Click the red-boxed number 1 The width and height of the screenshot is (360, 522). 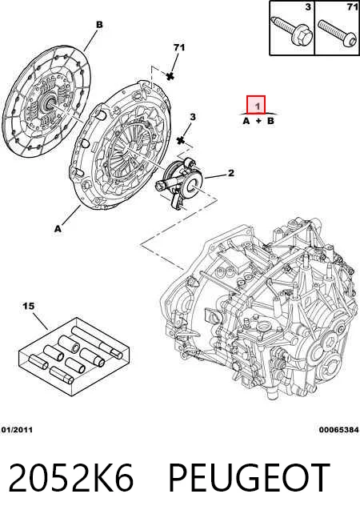(x=258, y=106)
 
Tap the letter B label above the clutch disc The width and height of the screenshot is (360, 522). (x=99, y=25)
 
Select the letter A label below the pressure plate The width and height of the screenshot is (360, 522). (x=58, y=229)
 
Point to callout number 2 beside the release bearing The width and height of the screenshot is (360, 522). (x=230, y=172)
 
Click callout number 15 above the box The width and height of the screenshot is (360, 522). (x=29, y=306)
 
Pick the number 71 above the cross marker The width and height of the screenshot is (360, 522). (x=179, y=47)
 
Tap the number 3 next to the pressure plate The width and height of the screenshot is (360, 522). (x=193, y=117)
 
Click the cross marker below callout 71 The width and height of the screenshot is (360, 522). (x=170, y=76)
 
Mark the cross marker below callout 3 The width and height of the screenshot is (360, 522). (x=182, y=140)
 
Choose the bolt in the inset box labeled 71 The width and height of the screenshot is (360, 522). (x=337, y=32)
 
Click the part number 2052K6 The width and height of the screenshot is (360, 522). (x=71, y=477)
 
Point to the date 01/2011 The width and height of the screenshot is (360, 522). (x=17, y=430)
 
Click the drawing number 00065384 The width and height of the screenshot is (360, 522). (x=339, y=430)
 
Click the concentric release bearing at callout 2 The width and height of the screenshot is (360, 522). (x=180, y=183)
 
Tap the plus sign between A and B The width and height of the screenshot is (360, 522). (x=258, y=121)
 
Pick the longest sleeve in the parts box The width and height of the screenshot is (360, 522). (x=98, y=342)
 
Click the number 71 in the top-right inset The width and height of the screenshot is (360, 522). (x=352, y=6)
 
